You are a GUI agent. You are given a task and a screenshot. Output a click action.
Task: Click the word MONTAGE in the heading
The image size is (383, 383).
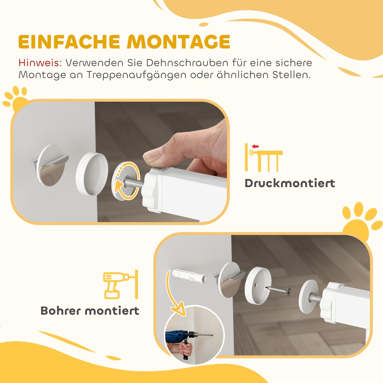coord(179,42)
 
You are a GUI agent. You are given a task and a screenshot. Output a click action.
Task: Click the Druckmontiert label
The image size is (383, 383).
coord(290,183)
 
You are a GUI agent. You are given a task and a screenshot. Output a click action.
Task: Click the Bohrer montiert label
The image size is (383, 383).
coord(90,311)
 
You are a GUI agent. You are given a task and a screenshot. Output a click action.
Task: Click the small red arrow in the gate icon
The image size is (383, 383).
coord(255,146)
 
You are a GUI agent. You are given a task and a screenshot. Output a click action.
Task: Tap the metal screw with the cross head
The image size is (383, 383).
coord(278,290)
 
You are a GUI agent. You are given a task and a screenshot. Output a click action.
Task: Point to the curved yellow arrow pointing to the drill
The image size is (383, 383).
coord(174,294)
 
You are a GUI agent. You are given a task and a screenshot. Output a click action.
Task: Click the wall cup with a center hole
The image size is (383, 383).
coord(257,285)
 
